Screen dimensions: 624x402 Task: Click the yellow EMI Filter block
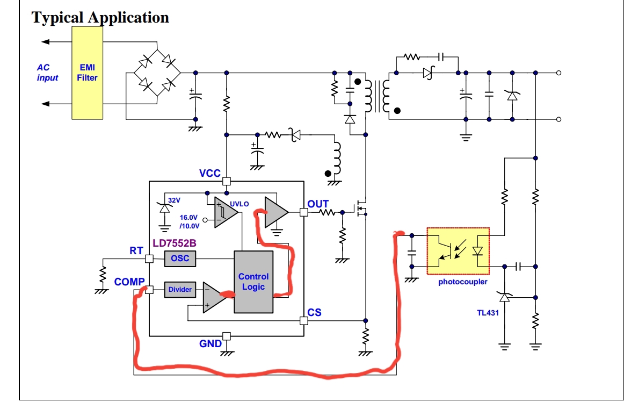(87, 73)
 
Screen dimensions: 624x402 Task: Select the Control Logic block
(253, 282)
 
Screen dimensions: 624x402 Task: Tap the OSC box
(180, 258)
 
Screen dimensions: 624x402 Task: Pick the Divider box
(180, 290)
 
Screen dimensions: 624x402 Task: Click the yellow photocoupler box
(458, 251)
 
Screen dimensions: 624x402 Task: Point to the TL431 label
(488, 313)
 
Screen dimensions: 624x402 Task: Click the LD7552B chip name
(175, 243)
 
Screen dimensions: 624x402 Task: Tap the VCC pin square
(227, 181)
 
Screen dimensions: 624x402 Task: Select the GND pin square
(227, 336)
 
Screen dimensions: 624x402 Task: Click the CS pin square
(303, 321)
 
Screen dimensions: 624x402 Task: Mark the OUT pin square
(303, 212)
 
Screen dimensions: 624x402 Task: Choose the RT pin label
(136, 250)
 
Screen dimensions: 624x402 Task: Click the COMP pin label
(129, 282)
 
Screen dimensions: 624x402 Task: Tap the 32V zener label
(174, 200)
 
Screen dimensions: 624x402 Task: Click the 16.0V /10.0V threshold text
(190, 222)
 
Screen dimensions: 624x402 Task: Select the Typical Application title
(100, 18)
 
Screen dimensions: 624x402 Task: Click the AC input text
(47, 73)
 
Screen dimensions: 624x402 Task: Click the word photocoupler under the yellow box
(463, 282)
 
